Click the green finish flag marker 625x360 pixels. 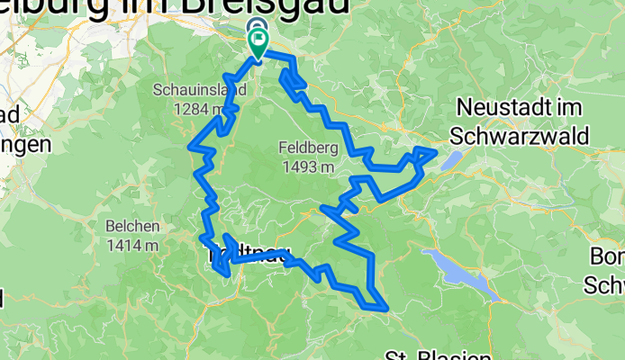click(x=259, y=43)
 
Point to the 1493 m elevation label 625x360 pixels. click(x=308, y=166)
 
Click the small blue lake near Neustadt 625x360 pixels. click(x=452, y=159)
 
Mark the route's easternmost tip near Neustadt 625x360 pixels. click(x=437, y=152)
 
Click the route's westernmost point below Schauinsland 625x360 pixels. click(x=190, y=145)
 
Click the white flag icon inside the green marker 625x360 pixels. click(x=259, y=40)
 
